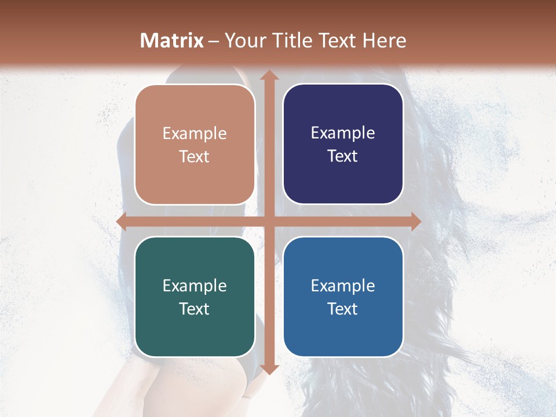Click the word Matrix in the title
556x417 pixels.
(x=172, y=41)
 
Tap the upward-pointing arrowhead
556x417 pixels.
(x=269, y=76)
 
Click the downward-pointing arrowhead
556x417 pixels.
(x=269, y=368)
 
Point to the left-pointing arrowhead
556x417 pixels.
(x=122, y=222)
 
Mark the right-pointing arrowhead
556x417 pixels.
(x=416, y=222)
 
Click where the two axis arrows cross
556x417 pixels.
(x=269, y=222)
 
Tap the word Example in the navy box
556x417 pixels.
(x=343, y=133)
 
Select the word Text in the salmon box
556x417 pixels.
(x=195, y=156)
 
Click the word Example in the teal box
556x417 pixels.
(x=195, y=286)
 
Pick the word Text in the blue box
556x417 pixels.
(x=343, y=309)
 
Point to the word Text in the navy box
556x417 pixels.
(x=343, y=156)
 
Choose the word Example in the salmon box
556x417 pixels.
(x=195, y=133)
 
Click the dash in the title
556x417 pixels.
(x=214, y=41)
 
